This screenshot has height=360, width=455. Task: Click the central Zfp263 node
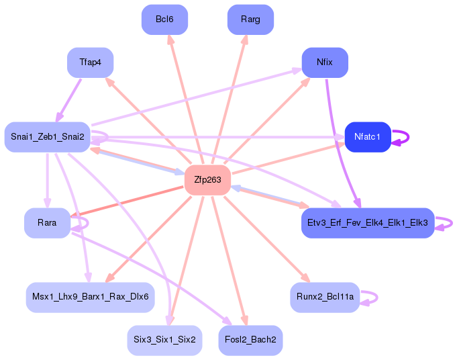207,180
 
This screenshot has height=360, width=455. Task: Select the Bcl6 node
164,19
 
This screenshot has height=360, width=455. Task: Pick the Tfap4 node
90,62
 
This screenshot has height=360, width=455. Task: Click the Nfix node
325,62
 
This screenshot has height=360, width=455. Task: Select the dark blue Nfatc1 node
367,137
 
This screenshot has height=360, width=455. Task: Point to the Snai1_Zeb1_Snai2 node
47,137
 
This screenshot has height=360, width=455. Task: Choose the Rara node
47,222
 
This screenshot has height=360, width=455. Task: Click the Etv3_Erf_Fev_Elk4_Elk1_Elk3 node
368,222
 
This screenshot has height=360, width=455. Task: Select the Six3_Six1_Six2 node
164,340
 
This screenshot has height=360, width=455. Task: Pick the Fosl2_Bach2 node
250,340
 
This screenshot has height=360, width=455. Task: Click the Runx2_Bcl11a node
325,297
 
